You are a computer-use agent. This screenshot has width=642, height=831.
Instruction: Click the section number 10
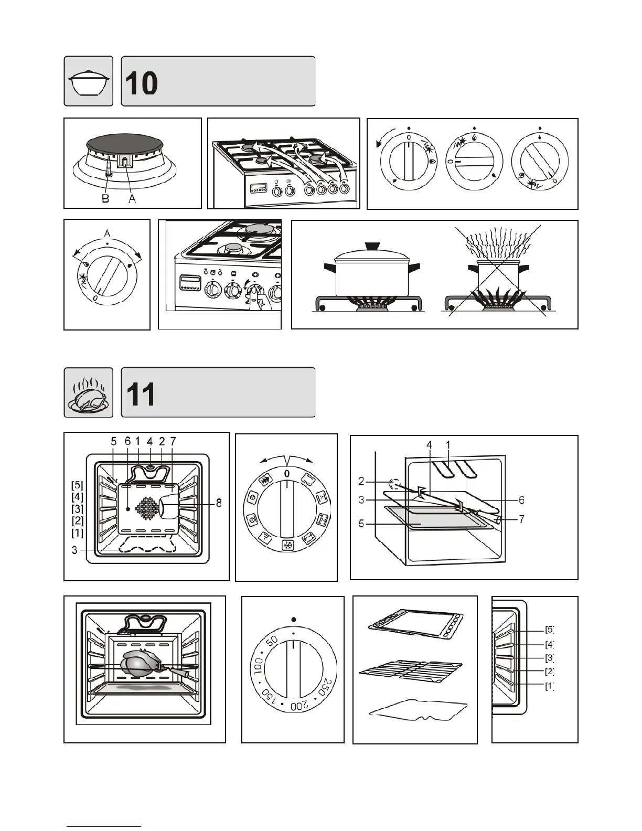click(x=142, y=83)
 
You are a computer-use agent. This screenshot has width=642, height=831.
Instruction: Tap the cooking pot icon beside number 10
click(x=89, y=81)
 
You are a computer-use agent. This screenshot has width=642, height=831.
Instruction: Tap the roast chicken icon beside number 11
click(x=89, y=393)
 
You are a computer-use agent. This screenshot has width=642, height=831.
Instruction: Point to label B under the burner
click(x=105, y=199)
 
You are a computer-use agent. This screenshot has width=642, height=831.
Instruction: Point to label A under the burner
click(x=132, y=199)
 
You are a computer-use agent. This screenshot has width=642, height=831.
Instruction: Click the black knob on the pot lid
click(x=372, y=246)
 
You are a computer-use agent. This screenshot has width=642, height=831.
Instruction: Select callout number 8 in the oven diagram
click(x=219, y=504)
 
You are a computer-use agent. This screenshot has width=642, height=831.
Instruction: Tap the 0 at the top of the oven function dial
click(x=286, y=474)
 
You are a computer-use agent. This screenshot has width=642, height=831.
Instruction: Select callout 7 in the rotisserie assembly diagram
click(x=521, y=519)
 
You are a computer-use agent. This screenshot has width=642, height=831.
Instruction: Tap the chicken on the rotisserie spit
click(x=139, y=664)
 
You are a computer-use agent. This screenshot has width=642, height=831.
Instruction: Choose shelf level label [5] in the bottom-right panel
click(x=549, y=630)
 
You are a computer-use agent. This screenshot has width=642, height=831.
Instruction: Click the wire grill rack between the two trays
click(x=411, y=670)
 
